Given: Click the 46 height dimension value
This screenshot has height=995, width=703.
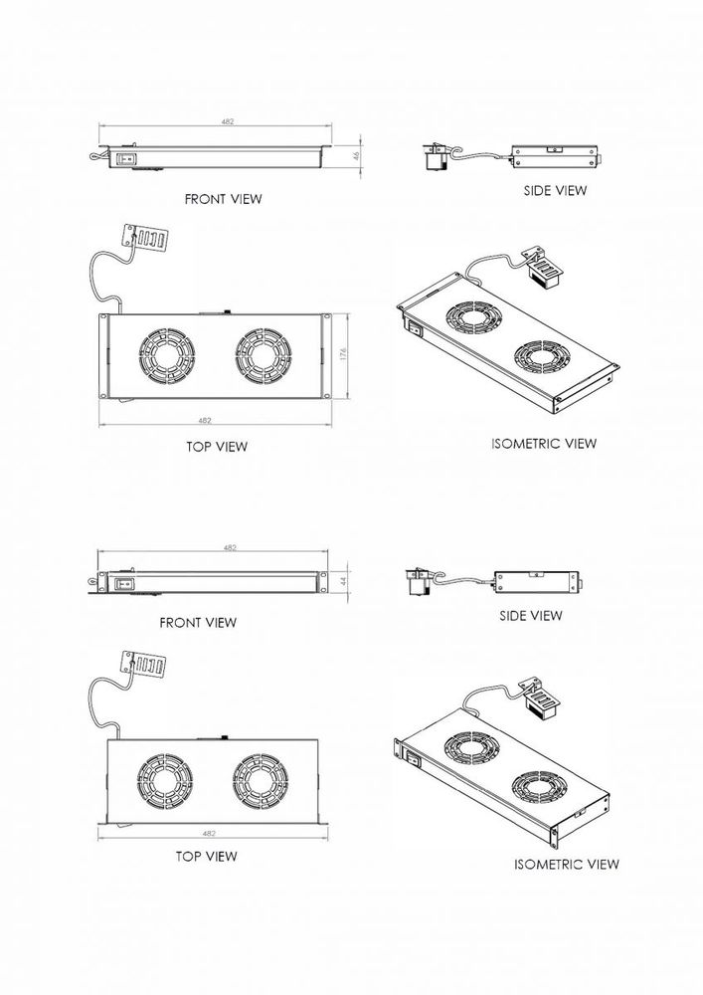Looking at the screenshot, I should (356, 156).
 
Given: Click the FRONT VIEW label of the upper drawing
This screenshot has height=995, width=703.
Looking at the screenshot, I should (223, 199).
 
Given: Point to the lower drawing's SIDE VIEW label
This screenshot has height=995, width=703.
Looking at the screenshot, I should (530, 616).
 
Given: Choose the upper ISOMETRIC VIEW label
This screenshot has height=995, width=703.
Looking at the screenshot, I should (544, 443).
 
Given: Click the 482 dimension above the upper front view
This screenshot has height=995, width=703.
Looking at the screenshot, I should (228, 120).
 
